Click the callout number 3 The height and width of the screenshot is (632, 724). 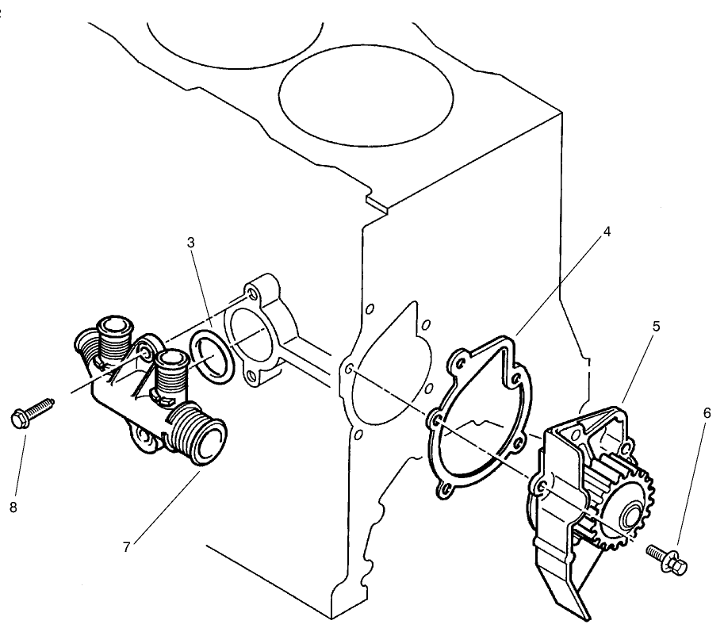[x=191, y=243]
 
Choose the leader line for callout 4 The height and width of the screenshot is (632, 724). [x=559, y=285]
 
